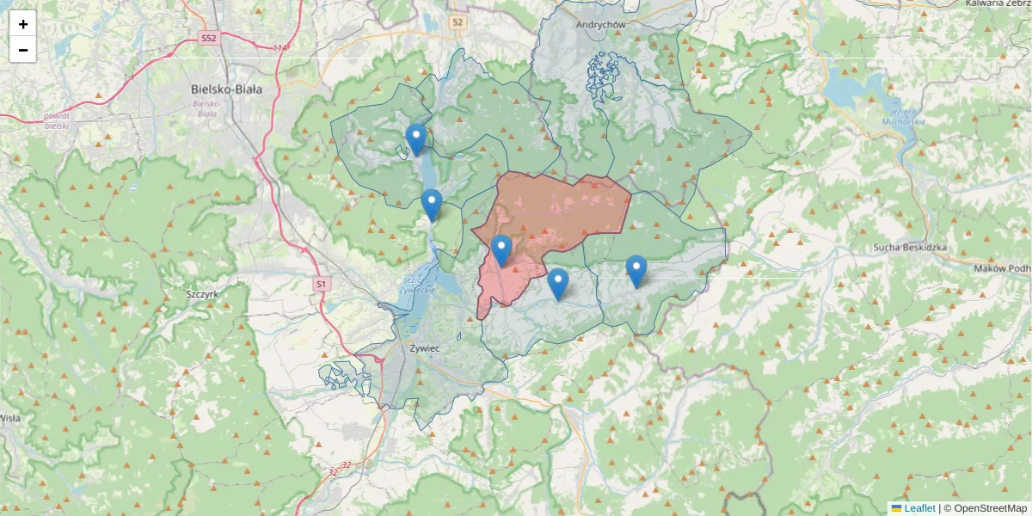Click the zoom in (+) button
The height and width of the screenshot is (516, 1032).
[23, 24]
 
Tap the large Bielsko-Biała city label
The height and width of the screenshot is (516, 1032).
[227, 89]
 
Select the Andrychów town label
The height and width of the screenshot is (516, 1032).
[601, 25]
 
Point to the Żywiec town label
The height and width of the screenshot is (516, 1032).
[424, 348]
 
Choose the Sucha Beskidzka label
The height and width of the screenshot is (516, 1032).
[909, 248]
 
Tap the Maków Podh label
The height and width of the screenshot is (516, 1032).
[1003, 268]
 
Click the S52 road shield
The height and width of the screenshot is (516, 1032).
[208, 39]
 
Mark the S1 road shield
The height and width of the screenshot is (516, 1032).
[321, 283]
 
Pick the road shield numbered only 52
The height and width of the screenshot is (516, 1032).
[458, 22]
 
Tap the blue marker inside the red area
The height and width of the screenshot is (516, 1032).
[501, 250]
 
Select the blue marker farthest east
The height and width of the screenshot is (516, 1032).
[636, 271]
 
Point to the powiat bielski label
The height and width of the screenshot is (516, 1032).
[57, 120]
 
